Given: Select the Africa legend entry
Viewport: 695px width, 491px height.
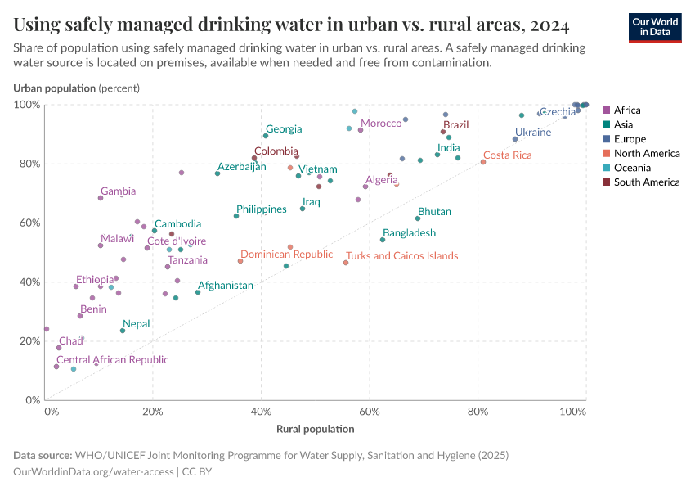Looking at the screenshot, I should pyautogui.click(x=627, y=110).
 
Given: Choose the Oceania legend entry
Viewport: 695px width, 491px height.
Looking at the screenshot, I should pyautogui.click(x=633, y=168).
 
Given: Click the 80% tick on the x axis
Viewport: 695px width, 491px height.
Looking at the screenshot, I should pyautogui.click(x=478, y=412).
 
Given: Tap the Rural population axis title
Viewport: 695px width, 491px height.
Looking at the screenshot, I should pyautogui.click(x=315, y=429).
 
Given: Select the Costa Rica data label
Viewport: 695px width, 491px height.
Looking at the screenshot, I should pyautogui.click(x=507, y=155).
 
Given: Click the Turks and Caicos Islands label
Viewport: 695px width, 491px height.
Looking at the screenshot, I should pyautogui.click(x=401, y=256).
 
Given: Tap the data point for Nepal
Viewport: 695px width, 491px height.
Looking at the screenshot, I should pyautogui.click(x=123, y=331).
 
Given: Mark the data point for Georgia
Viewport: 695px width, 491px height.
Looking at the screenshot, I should pyautogui.click(x=266, y=136).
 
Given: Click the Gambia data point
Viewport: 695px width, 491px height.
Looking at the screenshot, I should pyautogui.click(x=101, y=198).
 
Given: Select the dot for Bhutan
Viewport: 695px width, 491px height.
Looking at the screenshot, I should pyautogui.click(x=418, y=218).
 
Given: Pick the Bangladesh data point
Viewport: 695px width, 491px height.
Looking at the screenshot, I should pyautogui.click(x=383, y=240).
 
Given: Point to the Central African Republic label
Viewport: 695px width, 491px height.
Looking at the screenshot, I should pyautogui.click(x=112, y=360).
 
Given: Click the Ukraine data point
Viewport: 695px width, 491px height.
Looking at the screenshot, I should pyautogui.click(x=515, y=139).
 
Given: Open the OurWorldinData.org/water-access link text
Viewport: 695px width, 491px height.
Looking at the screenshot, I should pyautogui.click(x=93, y=472).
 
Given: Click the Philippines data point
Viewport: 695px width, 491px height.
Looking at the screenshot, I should pyautogui.click(x=236, y=216).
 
